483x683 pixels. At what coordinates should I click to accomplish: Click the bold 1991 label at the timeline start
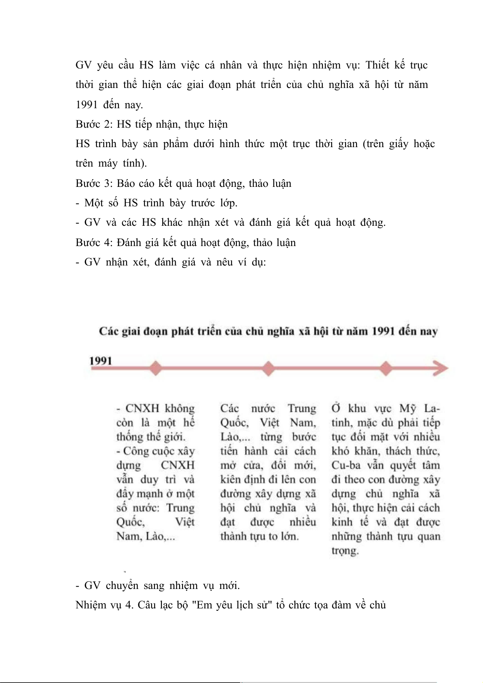tap(101, 360)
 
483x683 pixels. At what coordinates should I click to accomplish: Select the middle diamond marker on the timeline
tap(268, 368)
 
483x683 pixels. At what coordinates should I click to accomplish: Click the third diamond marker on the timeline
tap(386, 368)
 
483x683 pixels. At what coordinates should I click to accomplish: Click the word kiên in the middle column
tap(231, 479)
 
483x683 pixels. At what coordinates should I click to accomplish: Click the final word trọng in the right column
tap(345, 550)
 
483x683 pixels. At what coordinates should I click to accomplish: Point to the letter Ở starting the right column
tap(336, 408)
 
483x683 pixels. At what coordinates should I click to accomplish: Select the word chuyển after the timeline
tap(122, 586)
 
